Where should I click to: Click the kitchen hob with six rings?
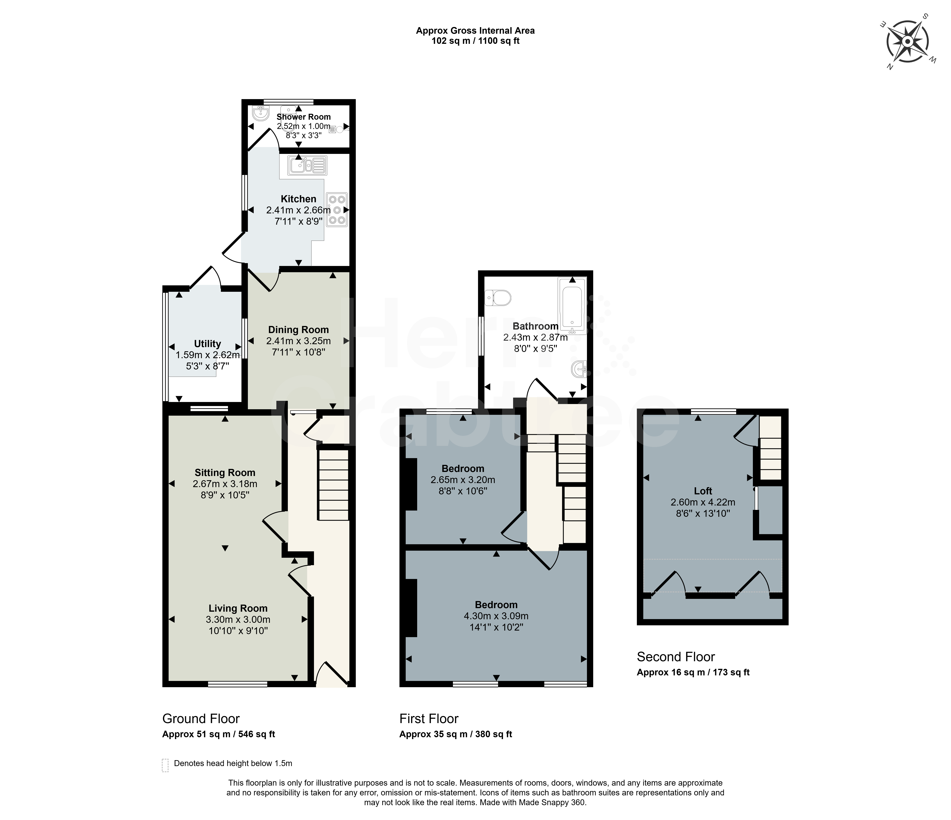[337, 210]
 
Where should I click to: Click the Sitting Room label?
[225, 473]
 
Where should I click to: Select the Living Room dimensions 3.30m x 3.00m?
[238, 619]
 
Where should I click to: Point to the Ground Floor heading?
[201, 719]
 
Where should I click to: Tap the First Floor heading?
[429, 719]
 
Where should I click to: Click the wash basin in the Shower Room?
[261, 113]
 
